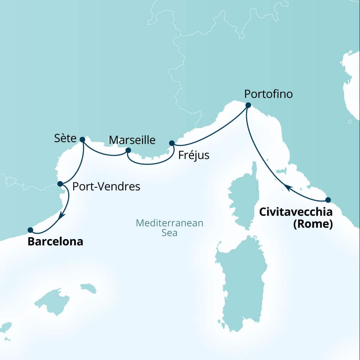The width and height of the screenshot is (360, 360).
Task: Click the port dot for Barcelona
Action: click(30, 230)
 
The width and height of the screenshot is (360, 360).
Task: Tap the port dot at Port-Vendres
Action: click(60, 184)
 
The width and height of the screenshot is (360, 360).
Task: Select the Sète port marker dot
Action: click(82, 139)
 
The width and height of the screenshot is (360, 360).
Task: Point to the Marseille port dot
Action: click(128, 150)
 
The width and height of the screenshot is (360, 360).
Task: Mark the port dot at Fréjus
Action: click(172, 143)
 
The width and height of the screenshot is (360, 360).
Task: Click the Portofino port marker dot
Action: click(248, 105)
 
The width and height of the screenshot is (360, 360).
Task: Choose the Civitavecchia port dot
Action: click(328, 200)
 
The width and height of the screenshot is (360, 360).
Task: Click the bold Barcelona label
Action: click(55, 242)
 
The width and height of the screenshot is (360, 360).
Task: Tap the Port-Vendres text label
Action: click(106, 187)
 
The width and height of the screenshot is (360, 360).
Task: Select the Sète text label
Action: click(65, 139)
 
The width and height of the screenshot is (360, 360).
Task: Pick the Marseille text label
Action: click(132, 140)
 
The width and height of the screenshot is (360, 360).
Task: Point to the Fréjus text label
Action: click(194, 155)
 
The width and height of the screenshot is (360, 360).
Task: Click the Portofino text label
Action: click(268, 95)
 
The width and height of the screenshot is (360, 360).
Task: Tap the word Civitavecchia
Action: click(296, 212)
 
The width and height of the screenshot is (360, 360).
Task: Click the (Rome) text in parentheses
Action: click(313, 224)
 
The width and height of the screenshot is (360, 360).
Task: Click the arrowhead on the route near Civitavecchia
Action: click(287, 188)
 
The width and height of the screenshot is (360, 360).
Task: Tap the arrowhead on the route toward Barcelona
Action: click(60, 216)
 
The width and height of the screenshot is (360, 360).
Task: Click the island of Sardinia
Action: click(242, 278)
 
